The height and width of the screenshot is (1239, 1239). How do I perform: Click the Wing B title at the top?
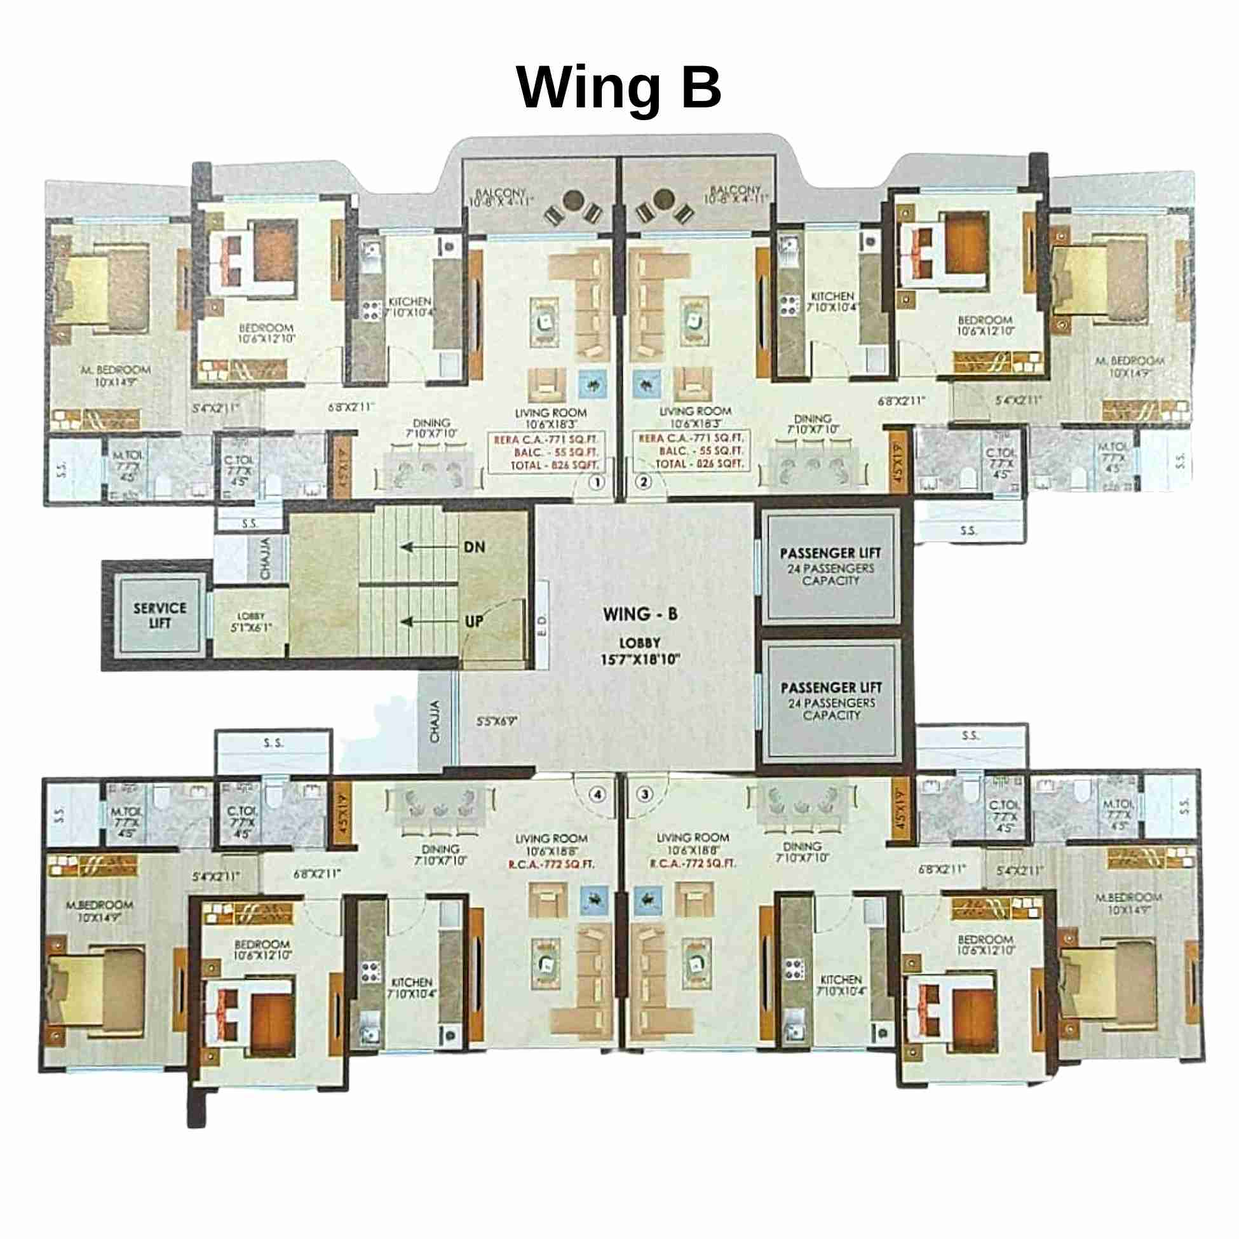(x=619, y=88)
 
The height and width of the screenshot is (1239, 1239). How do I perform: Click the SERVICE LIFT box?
(x=159, y=615)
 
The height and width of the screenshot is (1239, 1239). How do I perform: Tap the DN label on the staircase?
(x=475, y=547)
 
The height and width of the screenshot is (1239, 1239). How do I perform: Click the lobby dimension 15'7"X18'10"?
(x=640, y=659)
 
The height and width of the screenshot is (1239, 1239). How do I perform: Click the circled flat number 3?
(x=645, y=794)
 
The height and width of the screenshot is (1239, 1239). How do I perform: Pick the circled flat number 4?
(x=598, y=794)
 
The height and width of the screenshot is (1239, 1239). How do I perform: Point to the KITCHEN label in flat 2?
(x=832, y=296)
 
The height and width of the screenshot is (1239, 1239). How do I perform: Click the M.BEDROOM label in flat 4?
(x=100, y=905)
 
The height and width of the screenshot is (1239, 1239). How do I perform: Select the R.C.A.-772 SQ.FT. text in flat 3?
(x=693, y=864)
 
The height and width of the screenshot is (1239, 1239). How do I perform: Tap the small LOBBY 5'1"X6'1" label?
(x=251, y=621)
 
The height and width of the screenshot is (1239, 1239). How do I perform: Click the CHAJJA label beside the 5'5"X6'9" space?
(x=435, y=721)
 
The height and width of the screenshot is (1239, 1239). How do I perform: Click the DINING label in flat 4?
(x=440, y=849)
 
